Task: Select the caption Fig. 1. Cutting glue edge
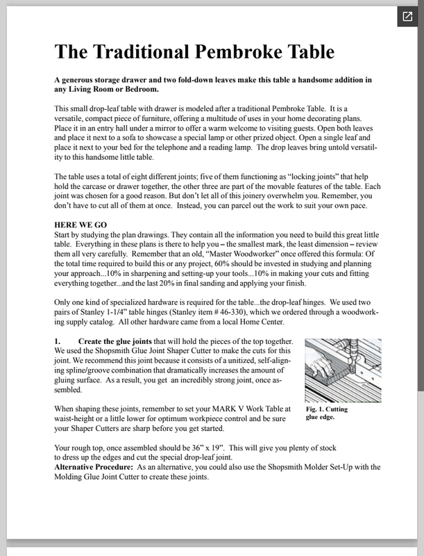pyautogui.click(x=327, y=414)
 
